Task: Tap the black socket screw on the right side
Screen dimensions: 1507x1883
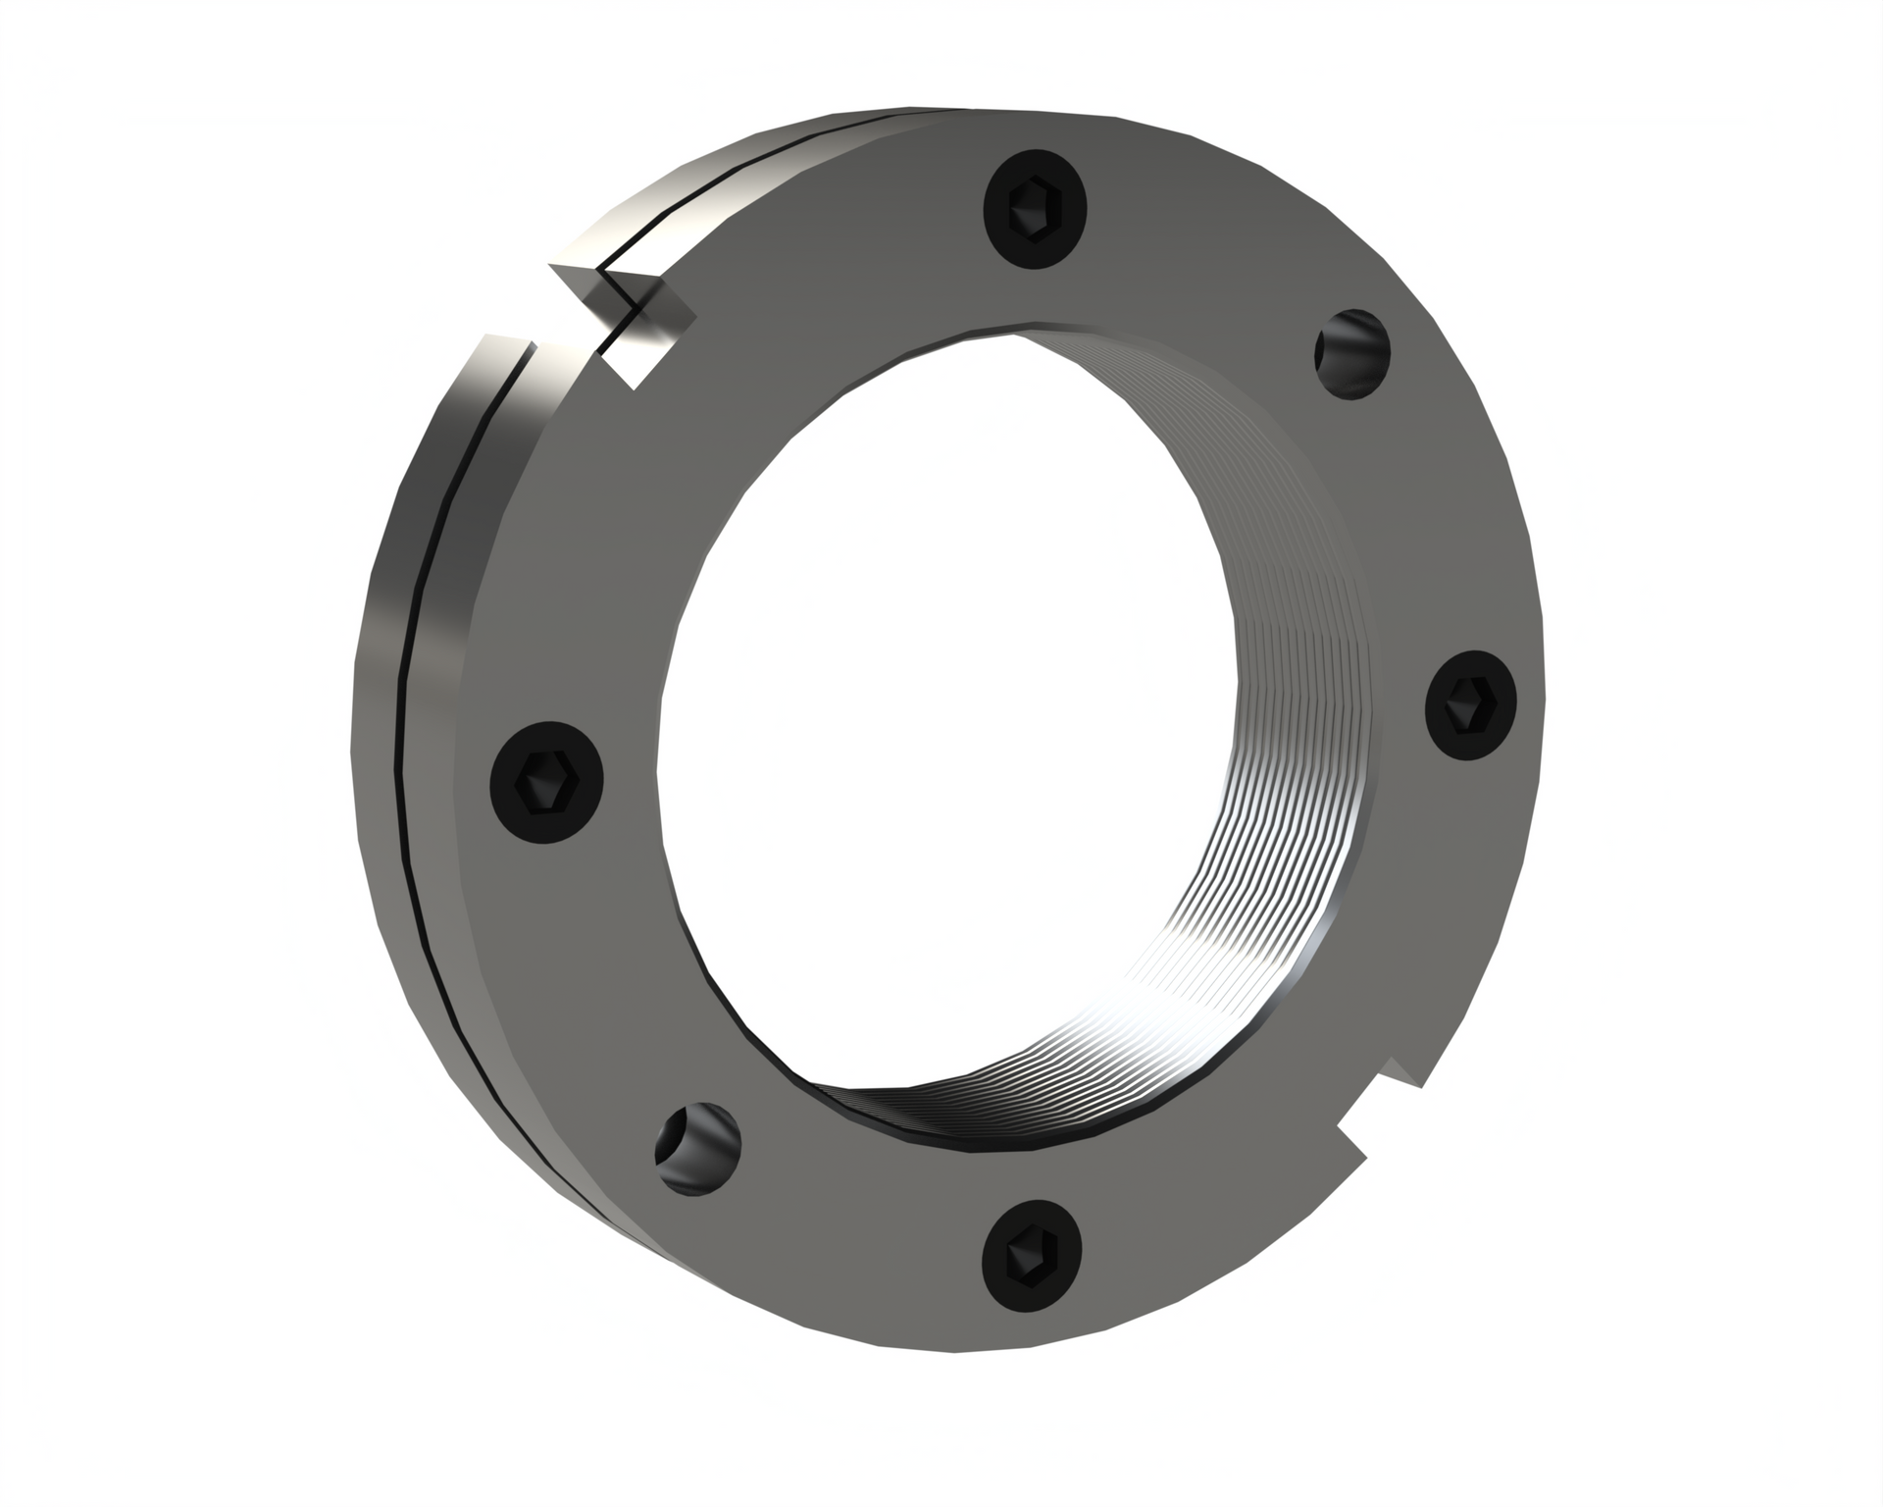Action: (x=1470, y=703)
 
